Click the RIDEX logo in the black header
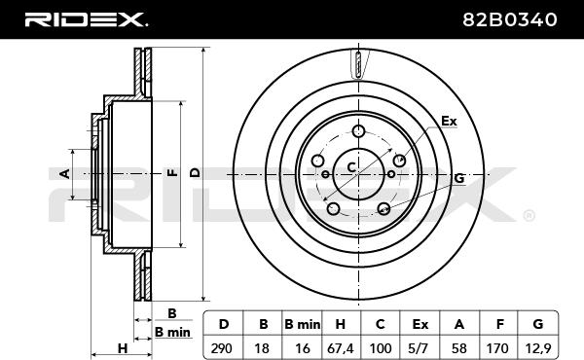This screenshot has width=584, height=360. click(x=86, y=19)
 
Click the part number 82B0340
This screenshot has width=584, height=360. click(x=509, y=19)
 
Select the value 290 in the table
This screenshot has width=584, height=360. click(x=222, y=348)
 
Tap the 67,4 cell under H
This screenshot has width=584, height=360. click(x=340, y=348)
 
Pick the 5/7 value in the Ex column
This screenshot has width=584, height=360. click(x=419, y=348)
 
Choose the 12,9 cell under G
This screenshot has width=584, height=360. click(x=538, y=348)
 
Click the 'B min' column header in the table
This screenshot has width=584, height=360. click(x=302, y=325)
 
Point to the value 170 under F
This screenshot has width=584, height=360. click(x=497, y=348)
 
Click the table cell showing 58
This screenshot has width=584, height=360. click(x=458, y=348)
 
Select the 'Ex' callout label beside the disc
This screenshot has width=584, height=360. click(x=449, y=122)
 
